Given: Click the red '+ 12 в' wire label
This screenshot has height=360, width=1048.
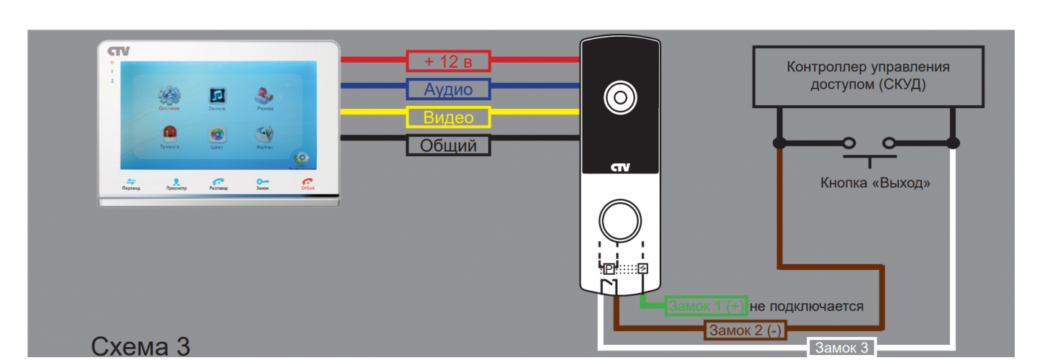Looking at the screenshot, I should (x=448, y=61).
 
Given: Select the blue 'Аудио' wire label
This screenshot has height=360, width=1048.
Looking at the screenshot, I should (x=448, y=89).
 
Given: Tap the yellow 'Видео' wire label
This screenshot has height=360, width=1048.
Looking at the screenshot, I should (x=448, y=117).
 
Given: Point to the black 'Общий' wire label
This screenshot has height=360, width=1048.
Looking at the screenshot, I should (x=448, y=145).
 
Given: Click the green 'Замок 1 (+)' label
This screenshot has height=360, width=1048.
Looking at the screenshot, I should (x=706, y=306).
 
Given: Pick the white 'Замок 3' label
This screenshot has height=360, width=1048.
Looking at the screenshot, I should (x=842, y=348).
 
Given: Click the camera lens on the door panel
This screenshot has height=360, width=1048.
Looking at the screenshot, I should (x=619, y=96).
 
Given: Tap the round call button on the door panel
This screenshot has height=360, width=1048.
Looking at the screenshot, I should (x=619, y=220).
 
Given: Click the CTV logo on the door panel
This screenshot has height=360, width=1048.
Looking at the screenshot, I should (x=619, y=168).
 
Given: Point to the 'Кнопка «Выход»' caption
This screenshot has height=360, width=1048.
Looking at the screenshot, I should (x=875, y=184).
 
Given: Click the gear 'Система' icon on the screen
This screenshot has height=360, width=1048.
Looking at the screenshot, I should (x=170, y=96).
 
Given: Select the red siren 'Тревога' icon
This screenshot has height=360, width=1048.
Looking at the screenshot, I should (x=170, y=134).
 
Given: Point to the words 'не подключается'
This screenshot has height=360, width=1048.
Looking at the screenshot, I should (x=807, y=306).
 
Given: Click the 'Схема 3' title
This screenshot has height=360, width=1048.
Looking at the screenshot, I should (x=140, y=346).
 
